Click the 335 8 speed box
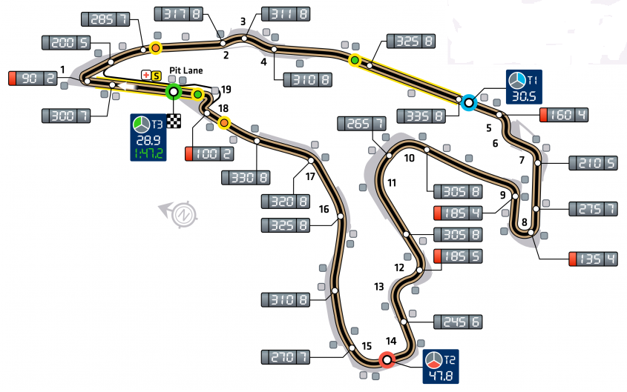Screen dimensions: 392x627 point(421,115)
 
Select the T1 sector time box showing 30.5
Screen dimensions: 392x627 point(525,87)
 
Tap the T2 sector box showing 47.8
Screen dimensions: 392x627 point(441,367)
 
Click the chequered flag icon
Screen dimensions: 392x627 point(174,122)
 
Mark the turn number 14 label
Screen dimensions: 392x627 point(391,341)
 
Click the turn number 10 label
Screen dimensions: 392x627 point(409,158)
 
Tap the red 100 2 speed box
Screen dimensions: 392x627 point(209,154)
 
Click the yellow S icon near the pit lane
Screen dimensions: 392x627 point(157,76)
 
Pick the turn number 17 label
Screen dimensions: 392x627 point(310,177)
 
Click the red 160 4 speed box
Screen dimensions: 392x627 point(563,114)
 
